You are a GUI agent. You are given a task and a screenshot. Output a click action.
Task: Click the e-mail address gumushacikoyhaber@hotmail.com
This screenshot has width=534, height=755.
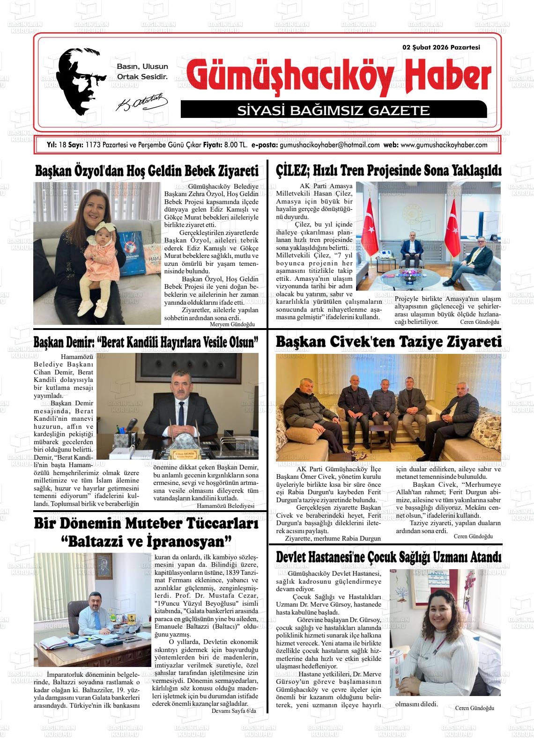(x=329, y=145)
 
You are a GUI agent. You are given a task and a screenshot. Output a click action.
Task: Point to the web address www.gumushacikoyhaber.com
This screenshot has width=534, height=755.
(x=444, y=145)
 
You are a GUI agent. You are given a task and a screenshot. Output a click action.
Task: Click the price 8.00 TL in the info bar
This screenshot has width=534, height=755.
(x=236, y=145)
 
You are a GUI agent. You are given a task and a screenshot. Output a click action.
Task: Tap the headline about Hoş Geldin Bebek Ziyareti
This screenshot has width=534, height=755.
(x=147, y=171)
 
